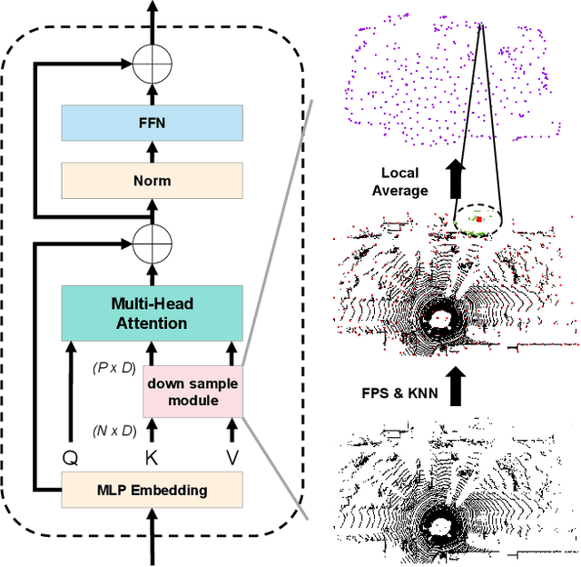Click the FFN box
coord(152,121)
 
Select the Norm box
coord(152,180)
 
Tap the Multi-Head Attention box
coord(152,313)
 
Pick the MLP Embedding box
coord(152,491)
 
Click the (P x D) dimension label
coord(115,368)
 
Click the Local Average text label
coord(405,181)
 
